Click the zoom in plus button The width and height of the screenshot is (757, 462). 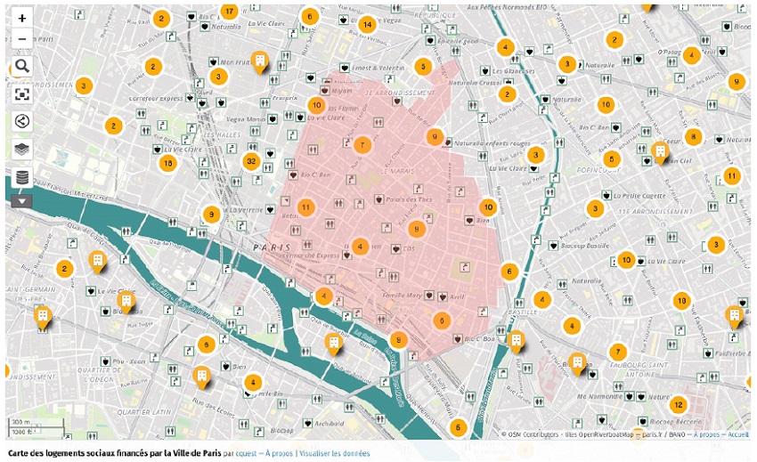click(x=22, y=18)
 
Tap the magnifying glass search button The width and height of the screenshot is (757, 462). click(x=22, y=66)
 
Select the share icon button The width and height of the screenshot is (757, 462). click(x=22, y=122)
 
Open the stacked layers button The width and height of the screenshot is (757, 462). click(x=22, y=150)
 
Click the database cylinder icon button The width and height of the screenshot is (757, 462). click(x=22, y=177)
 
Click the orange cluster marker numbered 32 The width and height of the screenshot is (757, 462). click(x=252, y=161)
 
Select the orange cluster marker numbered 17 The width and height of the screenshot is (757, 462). click(x=229, y=12)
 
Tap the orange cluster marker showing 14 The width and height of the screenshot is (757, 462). click(x=367, y=25)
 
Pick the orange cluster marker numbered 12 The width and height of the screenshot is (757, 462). click(x=678, y=404)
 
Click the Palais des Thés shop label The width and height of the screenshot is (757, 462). click(x=409, y=199)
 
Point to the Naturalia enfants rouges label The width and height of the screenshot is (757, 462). click(x=491, y=142)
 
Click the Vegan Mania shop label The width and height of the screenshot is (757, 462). click(x=246, y=119)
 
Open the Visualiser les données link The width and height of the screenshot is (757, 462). click(x=334, y=453)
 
